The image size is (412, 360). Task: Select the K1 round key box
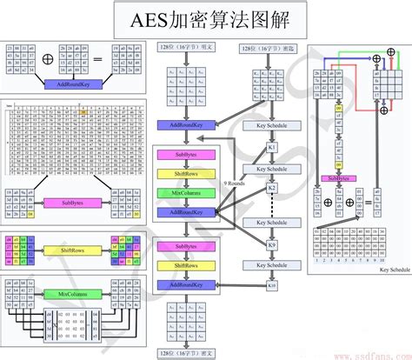pos(270,148)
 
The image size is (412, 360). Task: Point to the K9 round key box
pos(270,247)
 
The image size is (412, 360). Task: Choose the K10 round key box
pos(270,286)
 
